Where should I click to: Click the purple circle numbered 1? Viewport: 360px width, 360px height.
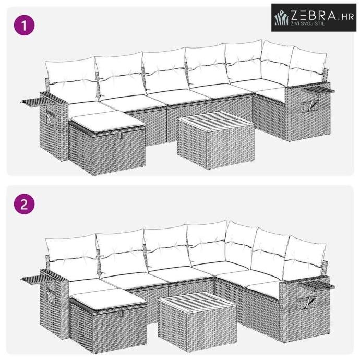point(25,25)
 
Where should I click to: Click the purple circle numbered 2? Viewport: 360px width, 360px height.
point(25,204)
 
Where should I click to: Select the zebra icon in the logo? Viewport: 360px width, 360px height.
point(281,17)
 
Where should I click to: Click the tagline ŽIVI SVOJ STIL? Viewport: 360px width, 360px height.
point(308,23)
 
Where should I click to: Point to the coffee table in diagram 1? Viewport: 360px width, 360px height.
point(215,140)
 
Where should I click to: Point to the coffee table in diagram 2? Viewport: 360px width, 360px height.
point(197,321)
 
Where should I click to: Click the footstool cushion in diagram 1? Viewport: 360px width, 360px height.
point(108,122)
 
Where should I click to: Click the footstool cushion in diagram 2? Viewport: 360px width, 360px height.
point(109,299)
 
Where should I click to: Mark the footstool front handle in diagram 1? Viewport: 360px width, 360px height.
point(118,136)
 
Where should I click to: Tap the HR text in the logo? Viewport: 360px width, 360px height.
point(347,17)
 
